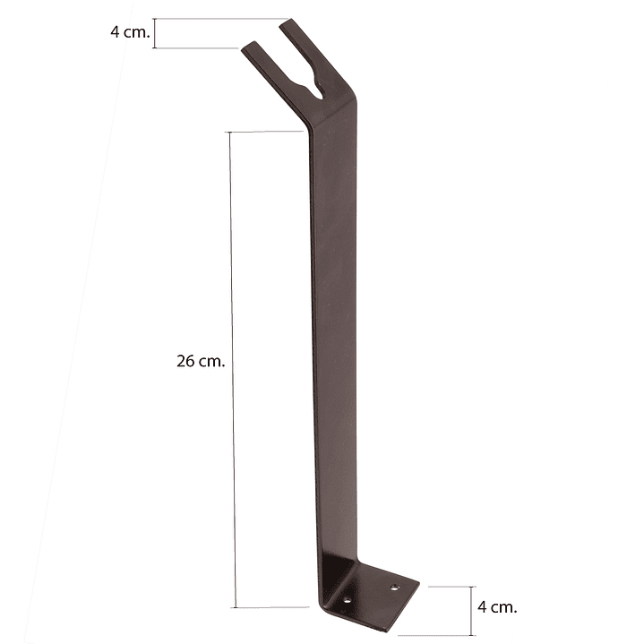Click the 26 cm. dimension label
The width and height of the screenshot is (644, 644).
click(201, 362)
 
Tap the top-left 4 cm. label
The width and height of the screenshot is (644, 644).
click(130, 32)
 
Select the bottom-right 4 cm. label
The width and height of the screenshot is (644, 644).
click(497, 606)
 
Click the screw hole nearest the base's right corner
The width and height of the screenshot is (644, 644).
click(395, 588)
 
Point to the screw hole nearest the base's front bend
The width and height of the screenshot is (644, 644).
click(348, 600)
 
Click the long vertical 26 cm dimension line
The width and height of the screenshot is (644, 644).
click(233, 370)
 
